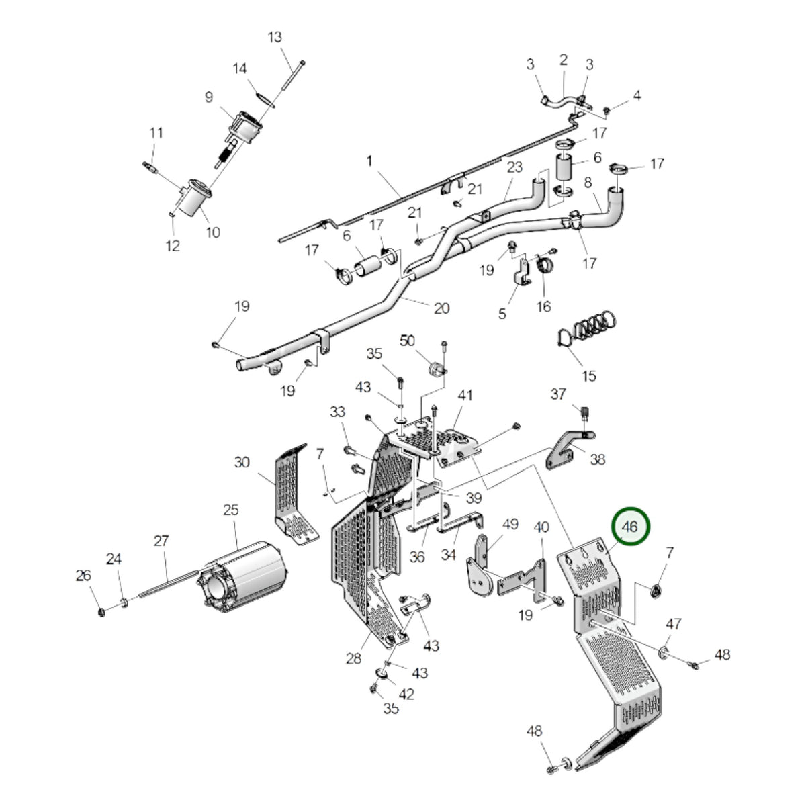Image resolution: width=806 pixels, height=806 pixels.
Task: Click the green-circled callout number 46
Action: coord(630,527)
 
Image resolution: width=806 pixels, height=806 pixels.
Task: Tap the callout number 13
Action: coord(275,37)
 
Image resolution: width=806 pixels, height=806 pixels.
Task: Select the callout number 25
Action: coord(231,510)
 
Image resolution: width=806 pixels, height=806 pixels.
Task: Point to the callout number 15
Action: coord(589,376)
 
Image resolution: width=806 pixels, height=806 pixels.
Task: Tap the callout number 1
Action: coord(369,161)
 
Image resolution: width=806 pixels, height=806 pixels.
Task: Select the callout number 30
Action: coord(242,462)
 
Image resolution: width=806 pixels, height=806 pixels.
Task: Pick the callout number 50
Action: coord(407,341)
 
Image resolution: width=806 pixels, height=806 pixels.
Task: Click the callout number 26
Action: coord(83,576)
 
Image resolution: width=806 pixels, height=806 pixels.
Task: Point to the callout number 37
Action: coord(558,394)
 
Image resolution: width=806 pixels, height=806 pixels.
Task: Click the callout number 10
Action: coord(213,232)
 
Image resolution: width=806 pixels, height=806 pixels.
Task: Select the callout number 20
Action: coord(442,308)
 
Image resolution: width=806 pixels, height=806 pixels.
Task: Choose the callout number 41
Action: coord(465,395)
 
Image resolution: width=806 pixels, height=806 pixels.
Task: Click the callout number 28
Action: coord(353,659)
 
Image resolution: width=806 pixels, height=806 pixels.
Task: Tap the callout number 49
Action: coord(510,524)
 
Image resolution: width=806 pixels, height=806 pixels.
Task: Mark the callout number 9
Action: coord(209,97)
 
